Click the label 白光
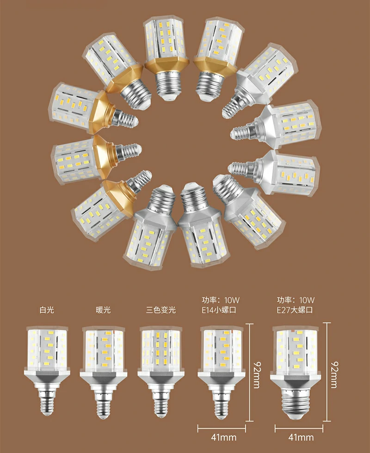coord(47,310)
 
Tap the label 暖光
coord(103,310)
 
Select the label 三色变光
coord(161,310)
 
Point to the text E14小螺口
coord(219,310)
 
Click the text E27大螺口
coord(295,310)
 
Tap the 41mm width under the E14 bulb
coord(223,437)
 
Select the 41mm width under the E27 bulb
coord(301,437)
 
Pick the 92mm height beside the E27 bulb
coord(334,375)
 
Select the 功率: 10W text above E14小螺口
coord(221,300)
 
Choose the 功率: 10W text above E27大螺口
coord(296,300)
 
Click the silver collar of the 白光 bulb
coord(47,378)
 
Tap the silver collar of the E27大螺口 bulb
coord(295,379)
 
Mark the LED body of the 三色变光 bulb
coord(160,349)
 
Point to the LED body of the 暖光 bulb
coord(104,349)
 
